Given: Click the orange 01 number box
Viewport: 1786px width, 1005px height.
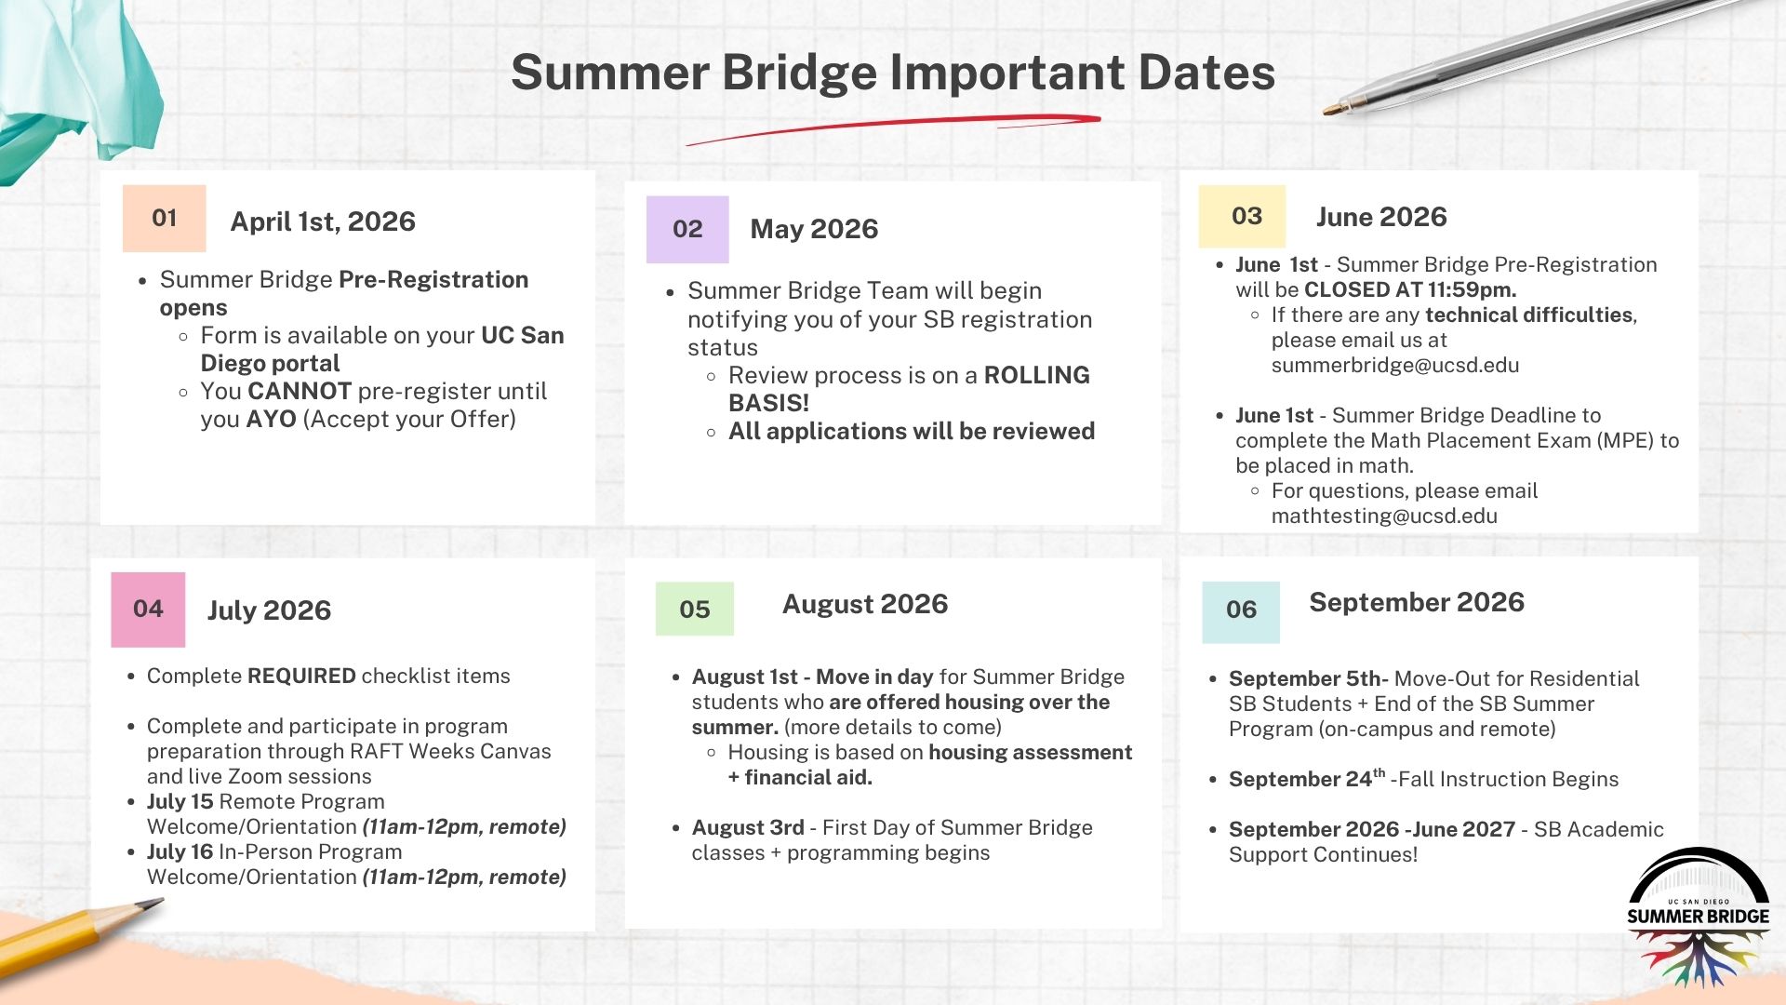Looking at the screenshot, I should (164, 219).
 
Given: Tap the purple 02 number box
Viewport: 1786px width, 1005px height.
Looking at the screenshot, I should (687, 230).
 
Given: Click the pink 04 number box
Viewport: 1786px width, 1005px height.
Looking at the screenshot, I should (148, 610).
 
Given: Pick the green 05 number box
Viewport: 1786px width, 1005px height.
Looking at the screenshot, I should (694, 610).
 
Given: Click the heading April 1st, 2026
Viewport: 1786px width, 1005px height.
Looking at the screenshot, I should (323, 222).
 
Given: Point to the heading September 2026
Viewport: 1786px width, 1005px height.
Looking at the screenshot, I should (1416, 603).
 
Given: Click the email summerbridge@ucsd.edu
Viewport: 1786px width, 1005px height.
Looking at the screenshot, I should (1394, 366).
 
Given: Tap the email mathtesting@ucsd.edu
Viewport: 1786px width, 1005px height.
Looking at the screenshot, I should (1383, 516).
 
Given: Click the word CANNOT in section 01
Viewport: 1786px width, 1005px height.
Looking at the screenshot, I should (300, 392).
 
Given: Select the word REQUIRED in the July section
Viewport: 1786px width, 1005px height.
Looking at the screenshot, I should (302, 677).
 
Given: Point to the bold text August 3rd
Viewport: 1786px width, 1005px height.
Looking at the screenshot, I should (747, 828).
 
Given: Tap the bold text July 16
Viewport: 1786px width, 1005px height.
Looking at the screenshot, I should (180, 852).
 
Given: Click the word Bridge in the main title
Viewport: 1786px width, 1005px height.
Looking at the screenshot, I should (798, 73).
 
